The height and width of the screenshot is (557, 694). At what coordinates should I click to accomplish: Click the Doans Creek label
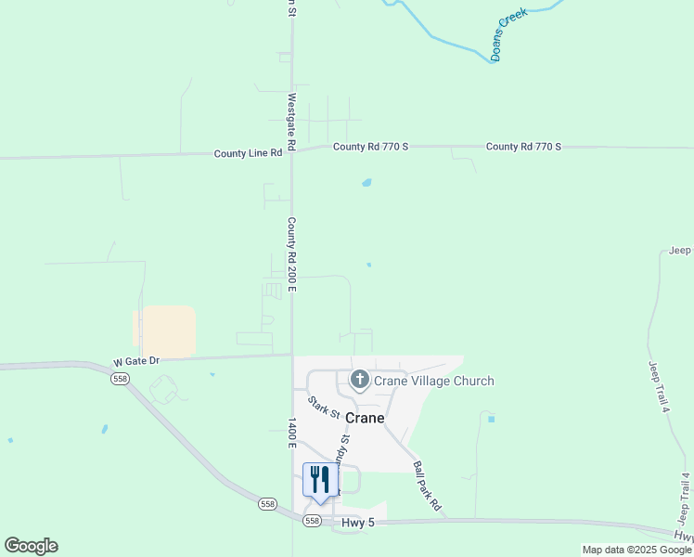[x=509, y=34]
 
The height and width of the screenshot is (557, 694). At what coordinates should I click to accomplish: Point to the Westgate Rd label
[x=291, y=122]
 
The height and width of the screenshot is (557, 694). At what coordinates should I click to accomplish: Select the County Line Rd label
[x=248, y=153]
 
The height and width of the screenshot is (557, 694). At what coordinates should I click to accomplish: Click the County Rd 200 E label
[x=291, y=254]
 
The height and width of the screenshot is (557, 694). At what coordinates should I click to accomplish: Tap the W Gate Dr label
[x=137, y=360]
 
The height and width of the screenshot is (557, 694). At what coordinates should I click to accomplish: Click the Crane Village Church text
[x=434, y=381]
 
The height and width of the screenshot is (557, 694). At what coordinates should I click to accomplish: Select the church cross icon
[x=359, y=380]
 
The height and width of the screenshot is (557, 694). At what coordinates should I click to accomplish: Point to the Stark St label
[x=325, y=407]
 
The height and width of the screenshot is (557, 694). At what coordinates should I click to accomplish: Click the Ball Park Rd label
[x=427, y=488]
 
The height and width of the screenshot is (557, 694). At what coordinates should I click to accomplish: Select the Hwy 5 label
[x=357, y=523]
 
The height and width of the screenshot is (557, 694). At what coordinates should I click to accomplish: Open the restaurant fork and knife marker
[x=319, y=480]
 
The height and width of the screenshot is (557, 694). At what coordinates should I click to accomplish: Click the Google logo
[x=31, y=546]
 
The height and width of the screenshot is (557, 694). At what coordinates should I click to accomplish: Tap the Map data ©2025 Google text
[x=636, y=550]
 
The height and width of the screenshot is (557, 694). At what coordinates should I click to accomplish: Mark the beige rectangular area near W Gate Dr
[x=166, y=331]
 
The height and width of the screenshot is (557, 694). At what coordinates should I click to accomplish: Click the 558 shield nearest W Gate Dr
[x=119, y=379]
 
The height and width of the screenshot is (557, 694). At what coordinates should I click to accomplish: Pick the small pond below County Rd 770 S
[x=366, y=183]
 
